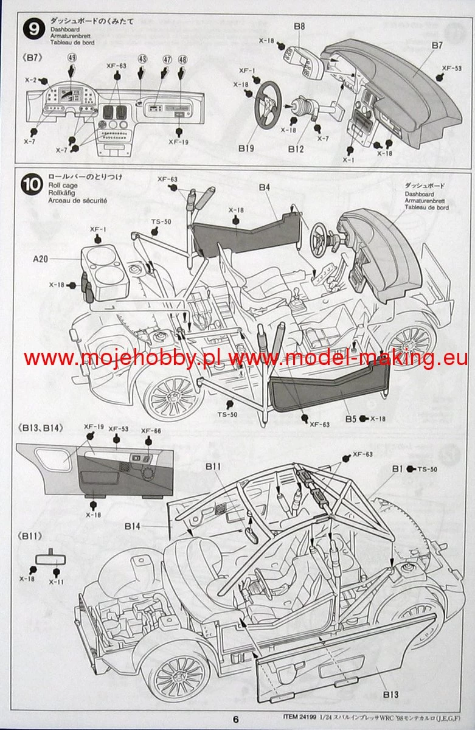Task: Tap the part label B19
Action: coord(246,148)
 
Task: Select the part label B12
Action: coord(296,148)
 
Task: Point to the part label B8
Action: coord(299,26)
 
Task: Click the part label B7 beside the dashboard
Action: coord(437,45)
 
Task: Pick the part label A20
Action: coord(40,259)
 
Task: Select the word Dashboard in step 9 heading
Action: coord(64,29)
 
